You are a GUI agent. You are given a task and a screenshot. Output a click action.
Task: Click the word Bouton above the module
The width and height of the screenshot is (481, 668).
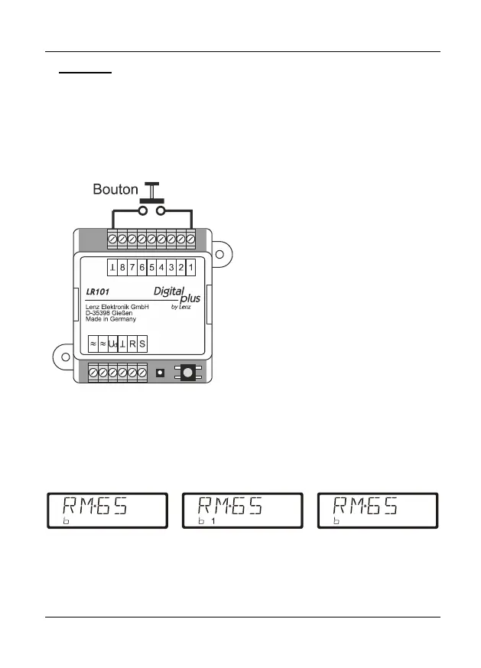point(115,188)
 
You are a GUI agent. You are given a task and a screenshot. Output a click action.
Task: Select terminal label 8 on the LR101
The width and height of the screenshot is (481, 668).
point(122,267)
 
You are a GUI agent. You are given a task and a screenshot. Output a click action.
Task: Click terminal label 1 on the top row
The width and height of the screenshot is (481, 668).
point(190,267)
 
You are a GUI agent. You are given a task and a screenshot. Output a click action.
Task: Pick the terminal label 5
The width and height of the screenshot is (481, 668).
point(151,267)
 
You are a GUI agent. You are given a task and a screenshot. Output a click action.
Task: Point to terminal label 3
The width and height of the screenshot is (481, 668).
point(171,267)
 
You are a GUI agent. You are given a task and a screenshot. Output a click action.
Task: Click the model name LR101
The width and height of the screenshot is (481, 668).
point(98,292)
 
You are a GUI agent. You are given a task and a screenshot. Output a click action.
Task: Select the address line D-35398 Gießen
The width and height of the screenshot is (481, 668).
point(112,312)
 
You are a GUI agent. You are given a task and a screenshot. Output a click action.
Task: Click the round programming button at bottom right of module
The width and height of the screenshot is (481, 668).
point(187,373)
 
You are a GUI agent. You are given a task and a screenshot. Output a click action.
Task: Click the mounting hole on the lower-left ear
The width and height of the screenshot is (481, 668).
point(65,357)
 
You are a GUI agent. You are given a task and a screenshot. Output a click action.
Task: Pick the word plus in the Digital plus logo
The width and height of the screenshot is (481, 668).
point(190,299)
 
